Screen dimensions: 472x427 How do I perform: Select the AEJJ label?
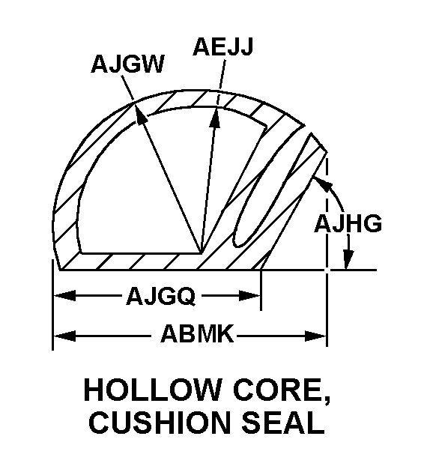coord(222,46)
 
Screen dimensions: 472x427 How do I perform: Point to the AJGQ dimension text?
coord(160,297)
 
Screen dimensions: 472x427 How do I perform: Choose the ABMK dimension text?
coord(196,334)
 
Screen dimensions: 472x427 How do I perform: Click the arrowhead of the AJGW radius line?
coord(138,106)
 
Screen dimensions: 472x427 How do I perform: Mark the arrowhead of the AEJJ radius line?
coord(216,114)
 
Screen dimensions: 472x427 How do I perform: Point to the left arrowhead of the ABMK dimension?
coord(60,334)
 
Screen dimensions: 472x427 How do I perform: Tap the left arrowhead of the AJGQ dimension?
coord(60,297)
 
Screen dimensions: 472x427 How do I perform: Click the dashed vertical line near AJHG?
coord(327,225)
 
